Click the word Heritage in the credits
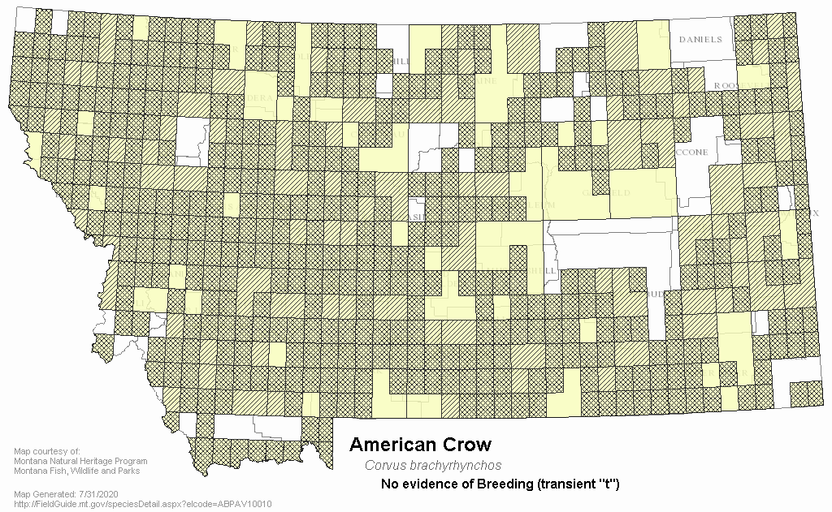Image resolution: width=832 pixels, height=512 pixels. pos(103,461)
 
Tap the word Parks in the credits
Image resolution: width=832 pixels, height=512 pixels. pos(128,471)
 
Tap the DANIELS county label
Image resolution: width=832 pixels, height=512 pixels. pos(700,39)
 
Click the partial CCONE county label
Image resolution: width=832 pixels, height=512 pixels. pos(692,151)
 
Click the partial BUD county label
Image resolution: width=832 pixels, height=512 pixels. pos(655,294)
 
